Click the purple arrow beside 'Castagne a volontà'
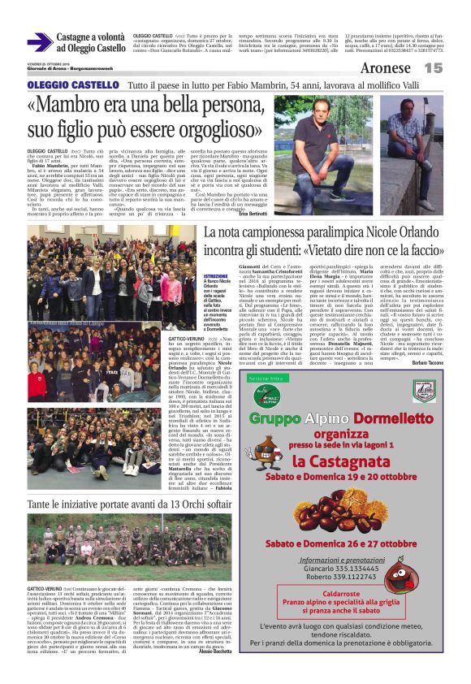pos(41,42)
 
